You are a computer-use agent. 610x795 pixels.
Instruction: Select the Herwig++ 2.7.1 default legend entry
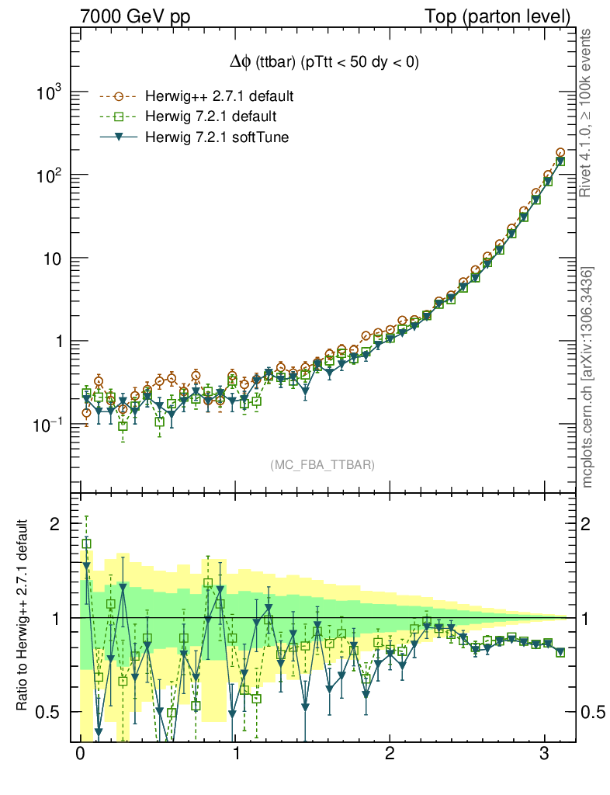(x=219, y=97)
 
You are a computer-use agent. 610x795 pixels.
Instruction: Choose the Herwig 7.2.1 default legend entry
(x=210, y=117)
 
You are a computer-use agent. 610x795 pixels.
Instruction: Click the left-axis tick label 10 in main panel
(x=50, y=259)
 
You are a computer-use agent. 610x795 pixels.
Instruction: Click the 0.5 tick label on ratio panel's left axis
(x=50, y=712)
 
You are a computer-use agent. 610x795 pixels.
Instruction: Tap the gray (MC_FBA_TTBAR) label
(x=323, y=465)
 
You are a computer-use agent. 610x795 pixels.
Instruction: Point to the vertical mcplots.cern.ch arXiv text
(x=587, y=377)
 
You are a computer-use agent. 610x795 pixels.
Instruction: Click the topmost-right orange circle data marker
(x=560, y=154)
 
